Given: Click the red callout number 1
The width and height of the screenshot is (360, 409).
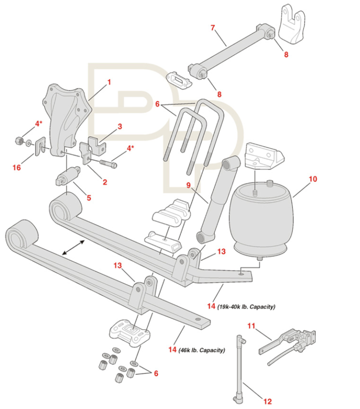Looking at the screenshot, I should (109, 82).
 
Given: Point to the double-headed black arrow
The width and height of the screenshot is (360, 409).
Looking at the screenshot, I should (74, 247).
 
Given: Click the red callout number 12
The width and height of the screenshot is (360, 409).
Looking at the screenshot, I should (267, 401).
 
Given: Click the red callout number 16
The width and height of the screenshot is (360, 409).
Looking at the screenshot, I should (17, 167).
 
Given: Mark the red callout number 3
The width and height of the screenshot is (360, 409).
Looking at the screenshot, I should (120, 126).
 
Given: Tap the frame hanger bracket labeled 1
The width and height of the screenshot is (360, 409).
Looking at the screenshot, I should (66, 115).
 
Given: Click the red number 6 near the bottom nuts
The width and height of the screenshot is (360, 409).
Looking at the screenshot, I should (156, 373).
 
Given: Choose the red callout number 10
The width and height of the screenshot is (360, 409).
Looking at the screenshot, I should (313, 179).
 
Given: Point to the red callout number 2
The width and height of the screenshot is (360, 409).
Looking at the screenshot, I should (105, 182).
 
